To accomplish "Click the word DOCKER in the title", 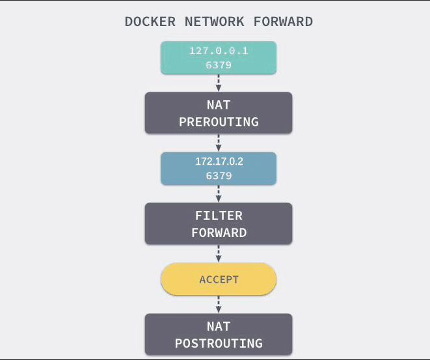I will pos(150,21).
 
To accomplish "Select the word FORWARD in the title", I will pos(284,21).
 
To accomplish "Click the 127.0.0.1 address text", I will pos(219,51).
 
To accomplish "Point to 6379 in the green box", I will pos(219,64).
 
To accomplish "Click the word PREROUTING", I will pos(219,122).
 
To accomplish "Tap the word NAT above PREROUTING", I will pos(219,105).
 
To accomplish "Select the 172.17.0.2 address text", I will pos(219,161).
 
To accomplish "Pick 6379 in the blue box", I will pos(219,176).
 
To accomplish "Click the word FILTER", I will pos(219,215).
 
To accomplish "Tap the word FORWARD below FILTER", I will pos(219,232).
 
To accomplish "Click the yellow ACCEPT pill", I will pos(219,280).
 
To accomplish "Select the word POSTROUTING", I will pos(219,343).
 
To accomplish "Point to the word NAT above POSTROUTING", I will pos(219,326).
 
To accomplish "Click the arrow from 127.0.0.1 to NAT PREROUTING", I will pos(219,83).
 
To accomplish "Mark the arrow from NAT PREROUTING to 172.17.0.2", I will pos(219,143).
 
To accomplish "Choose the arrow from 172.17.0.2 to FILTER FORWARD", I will pos(219,193).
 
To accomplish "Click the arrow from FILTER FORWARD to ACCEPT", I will pos(219,253).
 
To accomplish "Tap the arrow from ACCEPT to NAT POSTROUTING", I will pos(219,304).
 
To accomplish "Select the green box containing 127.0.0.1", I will pos(176,57).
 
